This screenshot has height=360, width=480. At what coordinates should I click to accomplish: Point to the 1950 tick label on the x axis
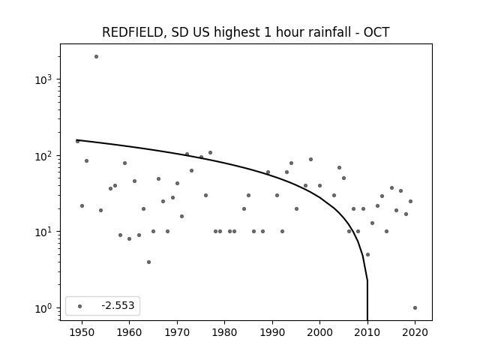pos(82,332)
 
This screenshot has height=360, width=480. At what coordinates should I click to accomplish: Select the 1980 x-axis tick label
pos(224,332)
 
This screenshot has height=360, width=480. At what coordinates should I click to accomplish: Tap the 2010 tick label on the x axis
pos(367,332)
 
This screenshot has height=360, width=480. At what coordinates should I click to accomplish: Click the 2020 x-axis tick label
pos(415,332)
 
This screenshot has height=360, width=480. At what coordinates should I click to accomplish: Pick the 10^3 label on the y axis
pos(43,79)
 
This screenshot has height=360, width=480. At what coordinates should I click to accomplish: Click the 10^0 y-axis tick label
pos(43,308)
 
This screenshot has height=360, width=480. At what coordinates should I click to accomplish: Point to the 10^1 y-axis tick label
pos(43,232)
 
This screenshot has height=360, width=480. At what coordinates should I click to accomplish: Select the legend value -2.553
pos(118,305)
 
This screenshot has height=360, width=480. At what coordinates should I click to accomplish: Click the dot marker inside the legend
pos(80,306)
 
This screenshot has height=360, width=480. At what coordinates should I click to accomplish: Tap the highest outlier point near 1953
pos(96,57)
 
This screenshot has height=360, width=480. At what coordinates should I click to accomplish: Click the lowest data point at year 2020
pos(415,308)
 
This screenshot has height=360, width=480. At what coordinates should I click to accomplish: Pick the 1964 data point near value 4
pos(148,262)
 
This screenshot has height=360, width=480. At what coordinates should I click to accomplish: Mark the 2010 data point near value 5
pos(367,255)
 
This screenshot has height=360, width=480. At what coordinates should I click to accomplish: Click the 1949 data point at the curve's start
pos(77,141)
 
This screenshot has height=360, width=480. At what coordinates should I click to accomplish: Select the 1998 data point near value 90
pos(310,159)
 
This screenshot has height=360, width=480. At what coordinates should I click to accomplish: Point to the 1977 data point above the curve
pos(210,152)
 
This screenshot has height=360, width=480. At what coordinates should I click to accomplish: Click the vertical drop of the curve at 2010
pos(367,300)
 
